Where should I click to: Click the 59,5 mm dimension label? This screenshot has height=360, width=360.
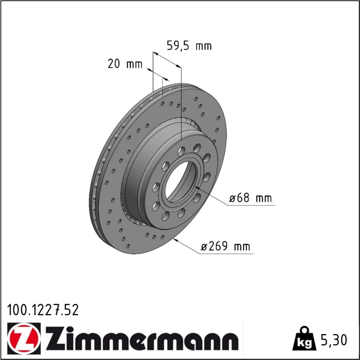tap(189, 46)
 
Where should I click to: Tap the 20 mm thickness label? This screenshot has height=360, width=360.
tap(125, 64)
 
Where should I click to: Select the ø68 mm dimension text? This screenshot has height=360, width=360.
tap(251, 198)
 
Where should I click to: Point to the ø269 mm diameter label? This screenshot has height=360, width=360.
tap(225, 246)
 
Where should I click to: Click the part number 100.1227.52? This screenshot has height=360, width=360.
tap(43, 310)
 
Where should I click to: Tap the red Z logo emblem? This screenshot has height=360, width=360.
tap(24, 339)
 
